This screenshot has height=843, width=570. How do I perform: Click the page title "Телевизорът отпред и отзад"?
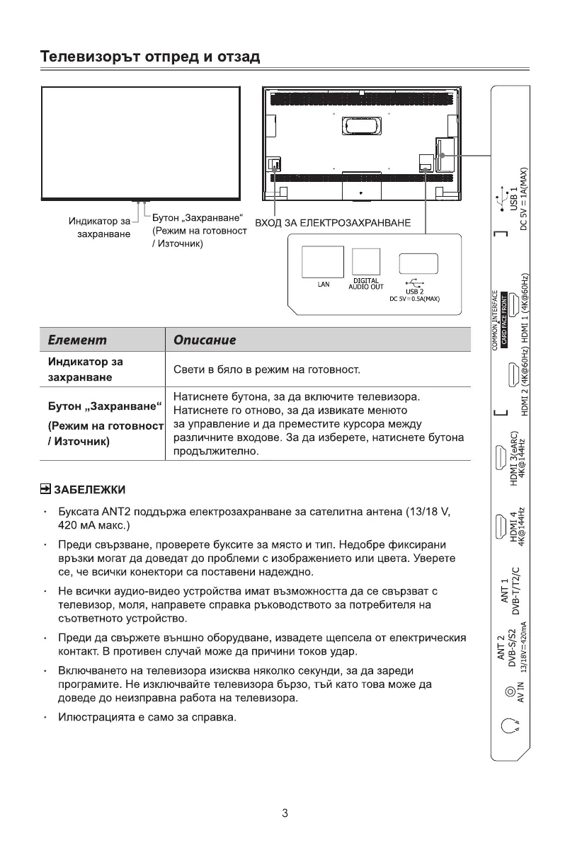click(x=150, y=57)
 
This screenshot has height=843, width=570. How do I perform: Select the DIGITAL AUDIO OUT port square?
click(x=366, y=262)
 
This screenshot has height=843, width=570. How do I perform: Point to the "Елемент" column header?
click(x=77, y=340)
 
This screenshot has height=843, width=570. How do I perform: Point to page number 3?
click(x=285, y=813)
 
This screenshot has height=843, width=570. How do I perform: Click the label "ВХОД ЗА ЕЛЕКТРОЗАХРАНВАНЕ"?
click(x=333, y=223)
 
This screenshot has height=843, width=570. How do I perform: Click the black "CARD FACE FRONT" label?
click(x=504, y=320)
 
